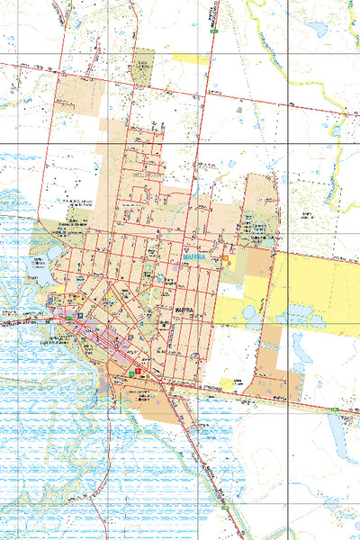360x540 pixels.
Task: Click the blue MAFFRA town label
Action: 194,256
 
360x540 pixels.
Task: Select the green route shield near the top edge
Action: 214,31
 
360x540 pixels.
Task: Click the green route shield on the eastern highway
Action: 334,410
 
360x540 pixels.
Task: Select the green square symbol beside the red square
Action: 132,371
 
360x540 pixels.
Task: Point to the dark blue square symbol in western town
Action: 79,318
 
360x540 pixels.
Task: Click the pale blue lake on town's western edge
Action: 40,264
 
